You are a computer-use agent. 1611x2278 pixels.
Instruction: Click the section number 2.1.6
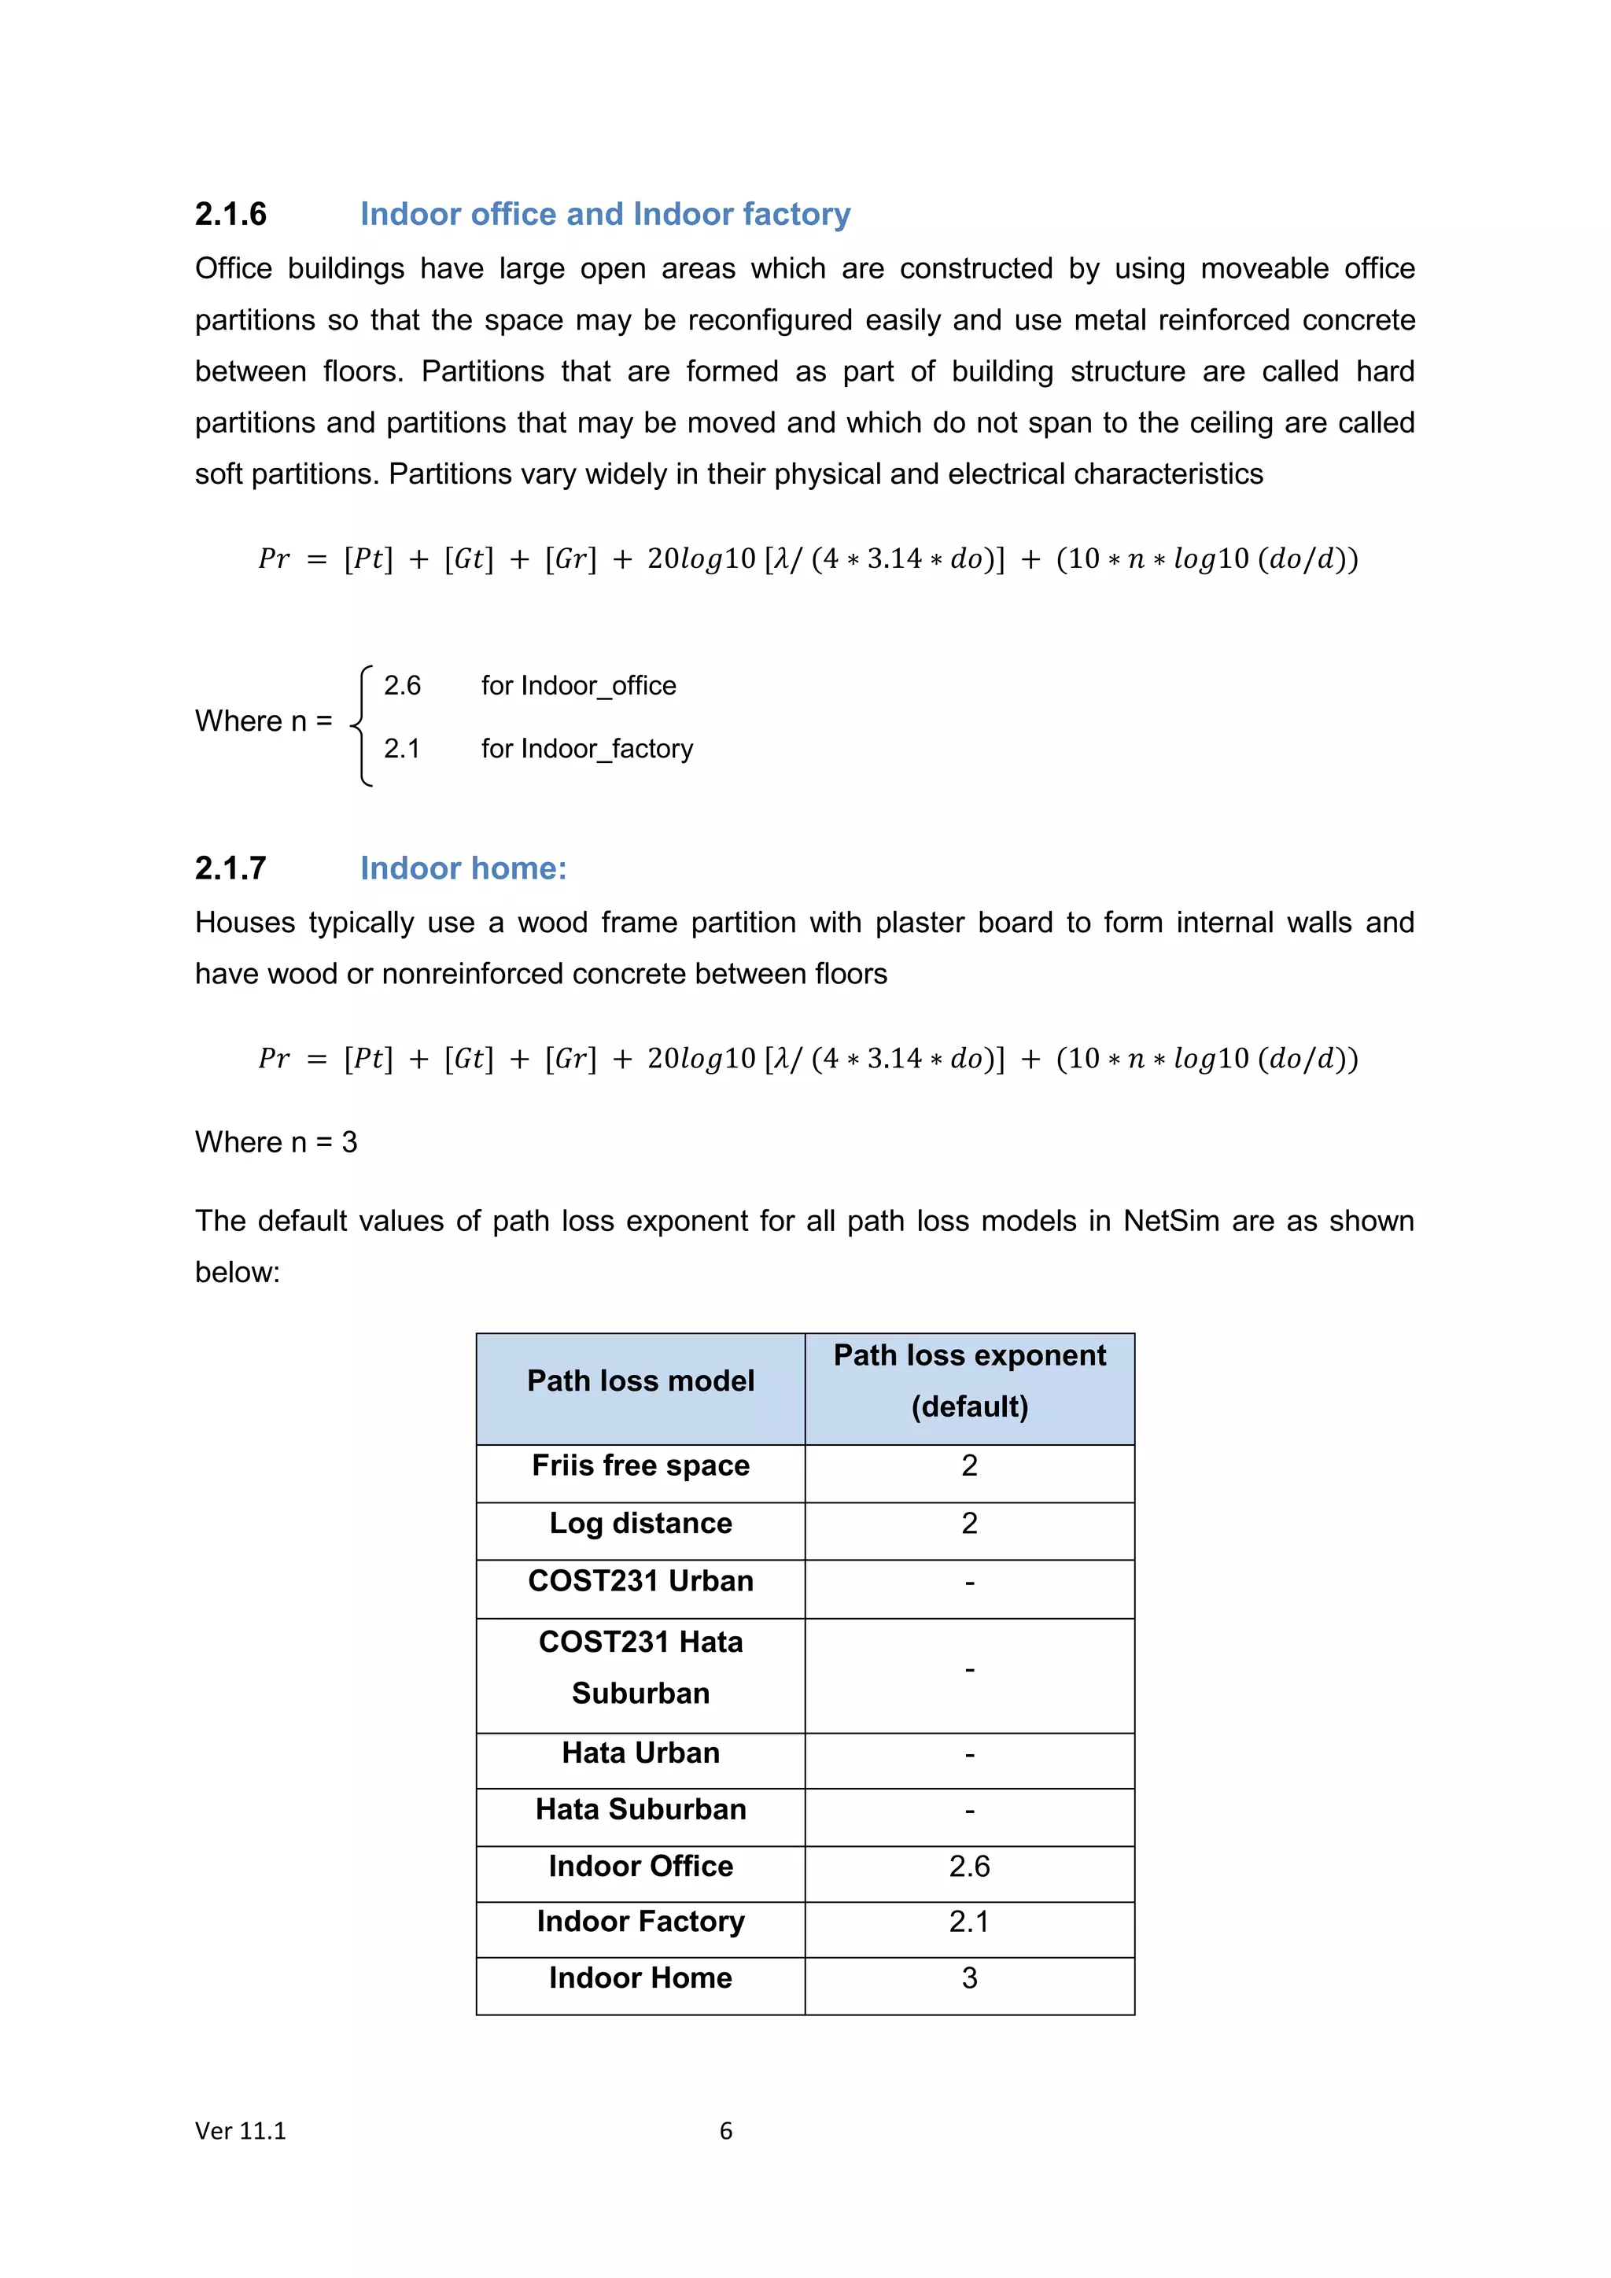[230, 214]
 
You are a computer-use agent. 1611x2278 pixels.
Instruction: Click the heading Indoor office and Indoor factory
[605, 214]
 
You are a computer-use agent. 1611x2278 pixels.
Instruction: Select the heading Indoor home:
[463, 868]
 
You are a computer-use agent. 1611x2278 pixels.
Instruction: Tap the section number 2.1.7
[230, 868]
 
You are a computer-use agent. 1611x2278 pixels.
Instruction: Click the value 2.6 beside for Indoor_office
[402, 686]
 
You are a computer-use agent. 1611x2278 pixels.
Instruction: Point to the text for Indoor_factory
[588, 748]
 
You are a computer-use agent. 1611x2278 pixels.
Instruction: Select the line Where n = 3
[276, 1142]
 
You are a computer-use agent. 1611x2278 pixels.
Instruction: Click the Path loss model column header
[641, 1381]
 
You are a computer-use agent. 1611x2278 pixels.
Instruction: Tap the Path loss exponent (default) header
[969, 1381]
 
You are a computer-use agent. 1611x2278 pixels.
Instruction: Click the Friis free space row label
[641, 1465]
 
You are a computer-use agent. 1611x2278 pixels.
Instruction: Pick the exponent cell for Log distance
[969, 1523]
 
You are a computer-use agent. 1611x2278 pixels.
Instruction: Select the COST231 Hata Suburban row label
[641, 1668]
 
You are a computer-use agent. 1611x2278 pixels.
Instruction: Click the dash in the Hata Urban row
[969, 1755]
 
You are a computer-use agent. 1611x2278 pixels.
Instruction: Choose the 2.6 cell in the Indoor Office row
[969, 1867]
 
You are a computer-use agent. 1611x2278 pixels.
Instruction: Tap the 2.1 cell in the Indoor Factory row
[969, 1922]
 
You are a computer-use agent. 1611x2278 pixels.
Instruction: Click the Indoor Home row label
[641, 1978]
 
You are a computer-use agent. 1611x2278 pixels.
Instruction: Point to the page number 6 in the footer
[726, 2130]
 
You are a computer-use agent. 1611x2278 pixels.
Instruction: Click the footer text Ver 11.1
[240, 2130]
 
